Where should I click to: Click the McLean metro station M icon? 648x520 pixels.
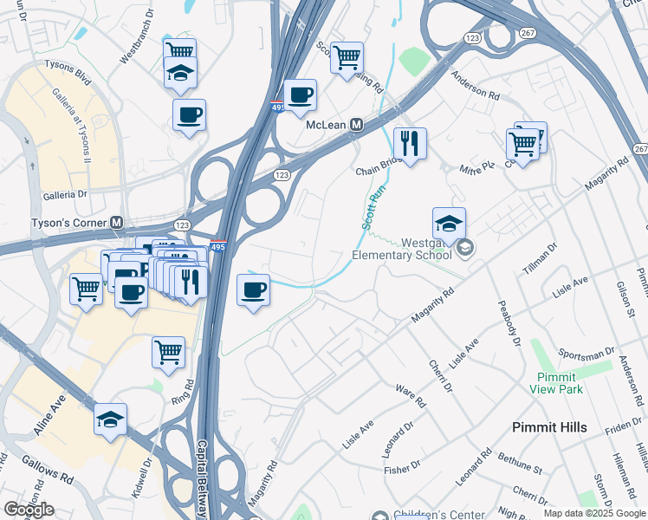point(356,125)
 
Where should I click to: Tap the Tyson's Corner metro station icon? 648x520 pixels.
point(116,223)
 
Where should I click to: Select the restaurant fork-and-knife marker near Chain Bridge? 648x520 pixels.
point(410,142)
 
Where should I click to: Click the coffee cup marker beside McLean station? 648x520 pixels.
point(301,94)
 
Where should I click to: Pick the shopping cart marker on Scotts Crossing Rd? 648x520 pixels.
point(347,58)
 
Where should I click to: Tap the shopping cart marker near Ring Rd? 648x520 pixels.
point(168,352)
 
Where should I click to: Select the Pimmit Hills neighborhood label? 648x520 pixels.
point(549,427)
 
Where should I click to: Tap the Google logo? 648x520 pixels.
point(29,510)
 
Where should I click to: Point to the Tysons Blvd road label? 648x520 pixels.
point(71,81)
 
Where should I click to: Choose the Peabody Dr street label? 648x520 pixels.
point(508,322)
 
